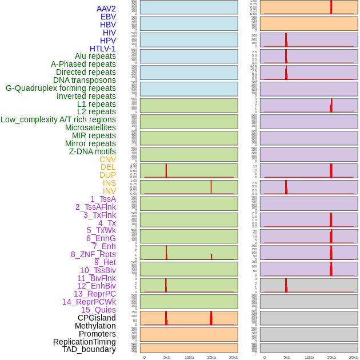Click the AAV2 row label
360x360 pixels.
[x=106, y=9]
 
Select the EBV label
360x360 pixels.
[x=108, y=17]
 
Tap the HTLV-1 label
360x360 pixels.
[x=103, y=49]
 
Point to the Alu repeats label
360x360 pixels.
[x=95, y=56]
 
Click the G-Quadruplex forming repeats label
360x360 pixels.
[x=61, y=88]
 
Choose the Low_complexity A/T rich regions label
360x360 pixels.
[x=58, y=119]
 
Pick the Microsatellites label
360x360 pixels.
[x=90, y=127]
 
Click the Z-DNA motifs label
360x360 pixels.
[x=93, y=151]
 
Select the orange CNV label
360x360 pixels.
[x=107, y=159]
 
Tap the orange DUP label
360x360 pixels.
[x=107, y=175]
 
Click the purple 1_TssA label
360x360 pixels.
[x=103, y=199]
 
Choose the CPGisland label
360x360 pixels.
[x=97, y=318]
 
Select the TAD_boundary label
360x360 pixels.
[x=89, y=349]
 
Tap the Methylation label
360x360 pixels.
[x=95, y=326]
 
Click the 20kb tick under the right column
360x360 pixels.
[x=354, y=357]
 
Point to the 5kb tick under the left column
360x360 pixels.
[x=167, y=357]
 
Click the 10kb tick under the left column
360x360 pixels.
[x=189, y=357]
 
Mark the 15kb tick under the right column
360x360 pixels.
[x=331, y=357]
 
